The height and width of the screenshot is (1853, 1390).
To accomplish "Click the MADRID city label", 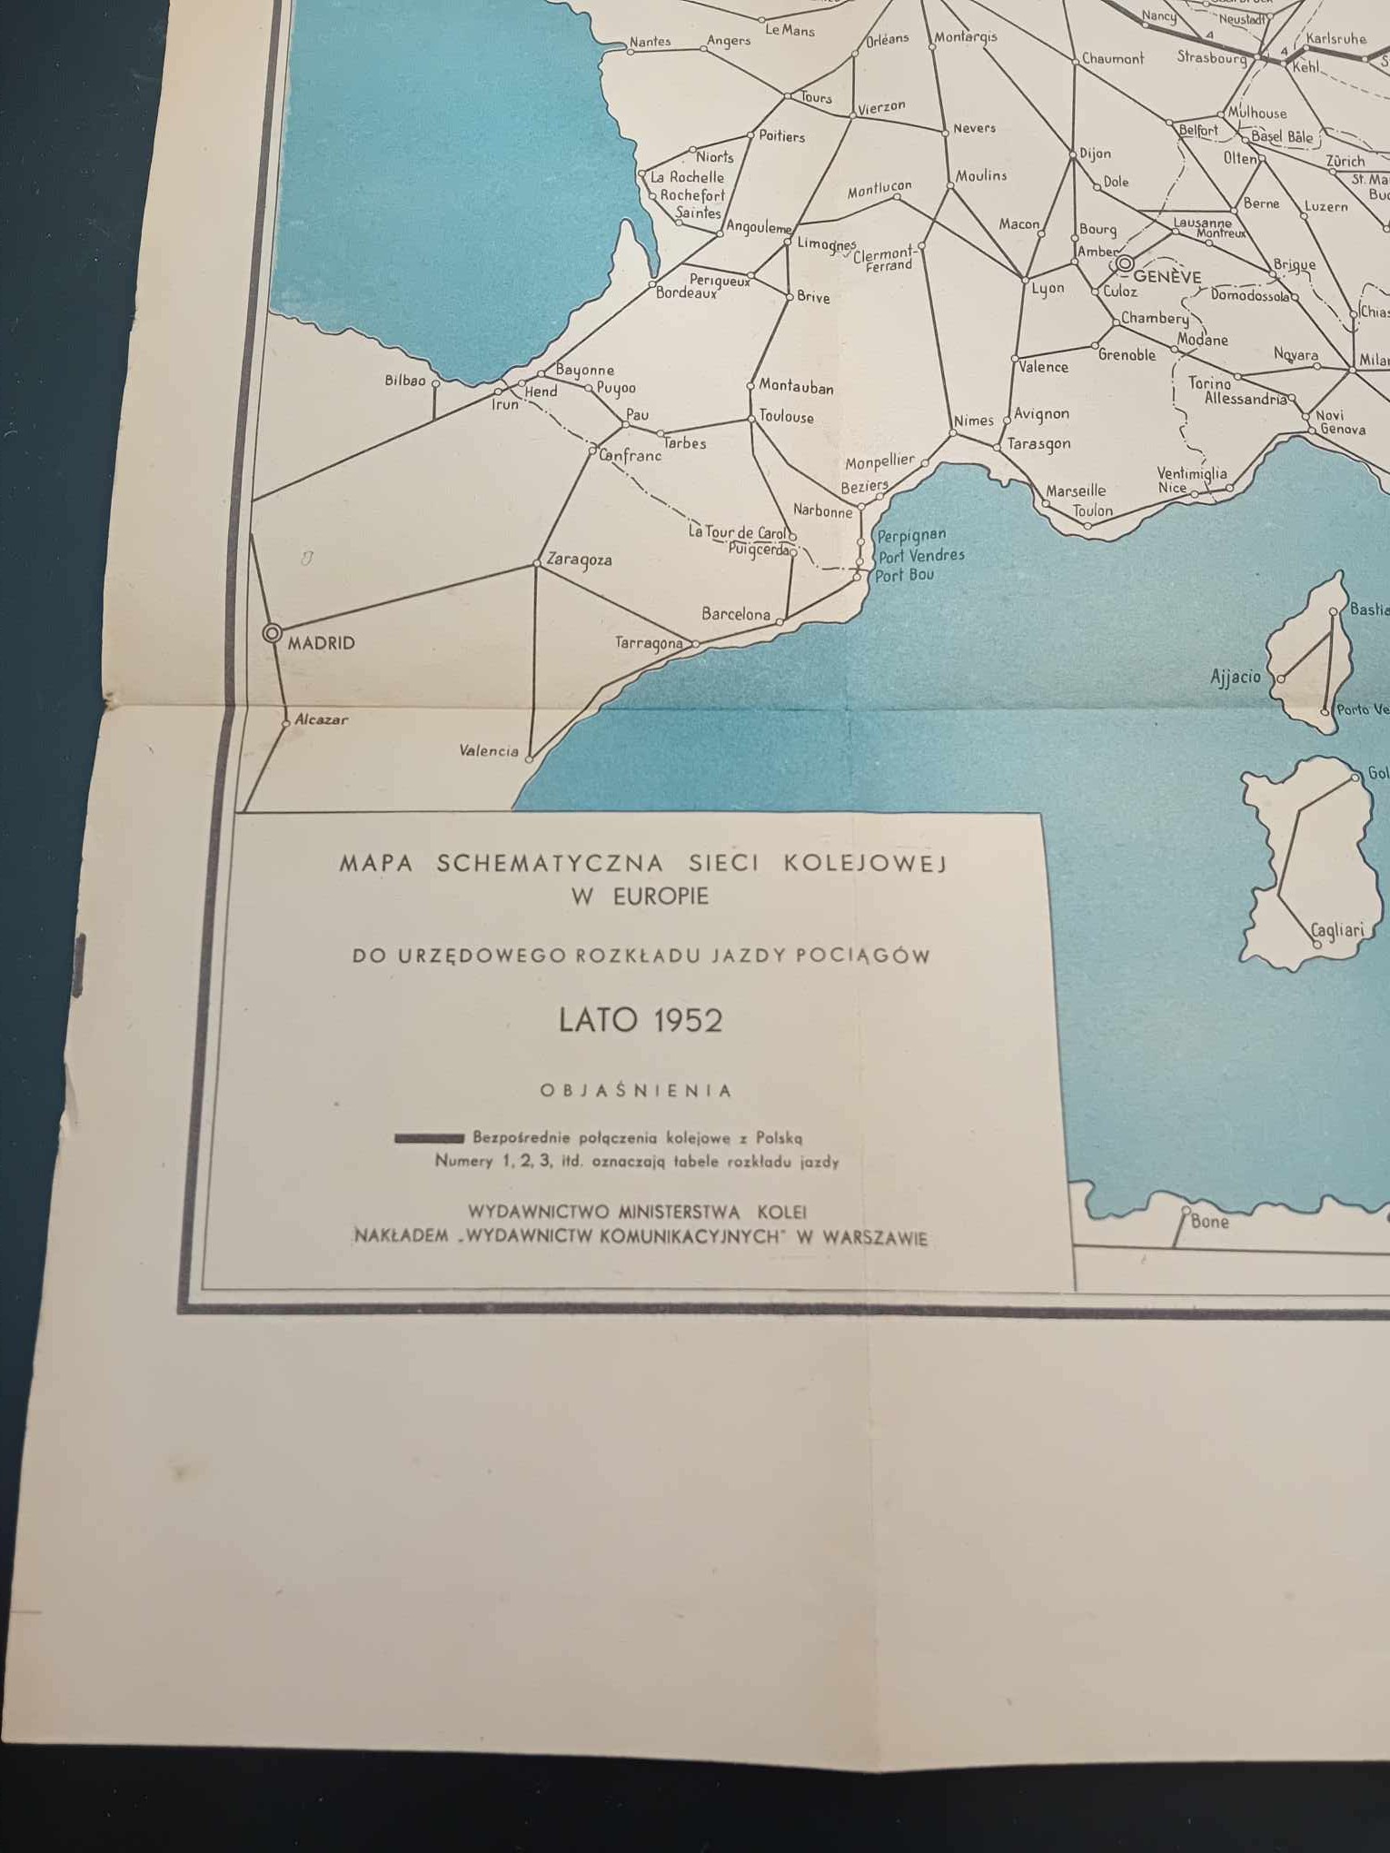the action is click(321, 643).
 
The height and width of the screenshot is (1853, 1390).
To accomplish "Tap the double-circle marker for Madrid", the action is click(272, 633).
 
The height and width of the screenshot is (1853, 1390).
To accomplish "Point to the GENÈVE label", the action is click(1167, 277).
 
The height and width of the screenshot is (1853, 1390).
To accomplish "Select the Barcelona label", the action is click(736, 614).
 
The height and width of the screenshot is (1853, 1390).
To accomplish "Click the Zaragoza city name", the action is click(579, 560).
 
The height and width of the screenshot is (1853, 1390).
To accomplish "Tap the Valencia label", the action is click(489, 750).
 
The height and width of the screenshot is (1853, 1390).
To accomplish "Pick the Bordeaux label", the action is click(686, 293).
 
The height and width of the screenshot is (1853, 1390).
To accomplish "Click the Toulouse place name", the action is click(786, 417).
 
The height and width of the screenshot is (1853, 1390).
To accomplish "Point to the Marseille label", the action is click(1076, 491).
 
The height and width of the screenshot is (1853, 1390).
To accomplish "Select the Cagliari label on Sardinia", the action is click(1337, 930).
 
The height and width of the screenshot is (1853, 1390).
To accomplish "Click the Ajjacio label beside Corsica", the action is click(1236, 677).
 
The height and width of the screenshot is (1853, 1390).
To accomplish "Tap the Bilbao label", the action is click(405, 381).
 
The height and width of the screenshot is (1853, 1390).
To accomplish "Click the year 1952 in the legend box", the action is click(688, 1020).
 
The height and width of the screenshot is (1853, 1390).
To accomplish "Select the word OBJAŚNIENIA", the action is click(636, 1091).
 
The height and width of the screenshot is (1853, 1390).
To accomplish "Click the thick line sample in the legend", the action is click(429, 1138).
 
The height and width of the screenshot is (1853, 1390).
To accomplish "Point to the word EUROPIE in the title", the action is click(660, 897).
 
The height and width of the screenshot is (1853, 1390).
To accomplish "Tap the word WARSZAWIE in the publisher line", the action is click(875, 1238).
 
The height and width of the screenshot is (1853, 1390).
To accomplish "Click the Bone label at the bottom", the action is click(1209, 1222).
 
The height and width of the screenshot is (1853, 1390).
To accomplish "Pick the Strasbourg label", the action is click(1212, 57).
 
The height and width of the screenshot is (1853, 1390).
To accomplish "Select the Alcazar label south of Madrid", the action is click(322, 719).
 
